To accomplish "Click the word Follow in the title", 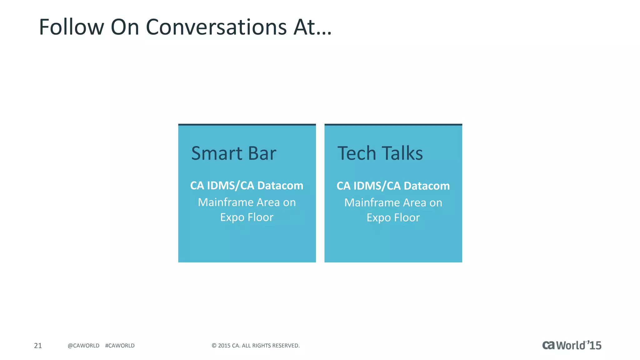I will tap(71, 27).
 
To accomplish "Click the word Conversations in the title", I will tap(216, 27).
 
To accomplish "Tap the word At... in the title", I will tap(312, 27).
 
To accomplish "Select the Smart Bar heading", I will tap(233, 153).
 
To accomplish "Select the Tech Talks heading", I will tap(380, 153).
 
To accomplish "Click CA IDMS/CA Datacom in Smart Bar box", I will tap(247, 186).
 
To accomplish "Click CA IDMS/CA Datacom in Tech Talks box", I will tap(393, 186).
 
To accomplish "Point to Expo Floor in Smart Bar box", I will tap(247, 217).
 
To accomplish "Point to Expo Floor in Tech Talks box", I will tap(393, 217).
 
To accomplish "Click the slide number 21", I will tap(38, 346).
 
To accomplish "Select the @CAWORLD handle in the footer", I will tap(83, 346).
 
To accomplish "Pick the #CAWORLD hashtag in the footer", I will tap(120, 346).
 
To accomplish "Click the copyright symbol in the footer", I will tap(214, 346).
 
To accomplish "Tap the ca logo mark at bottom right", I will tap(548, 345).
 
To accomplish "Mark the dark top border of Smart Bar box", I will tap(247, 125).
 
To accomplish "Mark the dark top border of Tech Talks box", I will tap(393, 125).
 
